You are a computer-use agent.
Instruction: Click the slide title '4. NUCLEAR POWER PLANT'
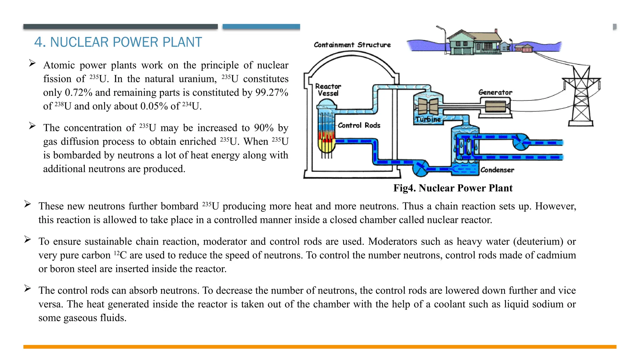(118, 42)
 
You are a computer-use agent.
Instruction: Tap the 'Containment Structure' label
(352, 45)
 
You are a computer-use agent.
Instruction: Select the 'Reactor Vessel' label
(328, 90)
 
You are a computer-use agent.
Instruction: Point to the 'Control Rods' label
(359, 125)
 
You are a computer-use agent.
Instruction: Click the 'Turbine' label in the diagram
(428, 119)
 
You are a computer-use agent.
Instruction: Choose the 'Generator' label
(495, 92)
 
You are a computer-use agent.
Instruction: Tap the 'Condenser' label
(497, 170)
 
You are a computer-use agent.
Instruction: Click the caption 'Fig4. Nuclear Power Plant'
(453, 188)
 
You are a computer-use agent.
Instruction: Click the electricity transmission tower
(581, 97)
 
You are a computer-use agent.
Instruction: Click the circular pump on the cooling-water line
(520, 142)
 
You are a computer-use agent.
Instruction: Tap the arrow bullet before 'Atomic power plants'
(32, 63)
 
